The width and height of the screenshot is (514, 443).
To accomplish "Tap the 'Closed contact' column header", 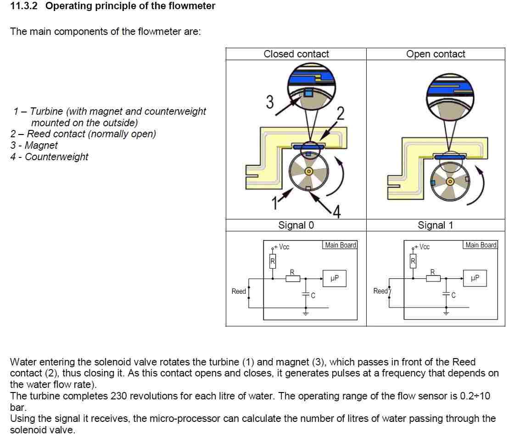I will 296,54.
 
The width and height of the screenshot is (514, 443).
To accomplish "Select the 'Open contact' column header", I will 436,54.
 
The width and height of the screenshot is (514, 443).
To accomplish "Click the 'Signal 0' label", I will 296,225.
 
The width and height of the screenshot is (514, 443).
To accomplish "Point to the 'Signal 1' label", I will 435,225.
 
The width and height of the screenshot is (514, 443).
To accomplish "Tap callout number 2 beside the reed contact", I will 340,113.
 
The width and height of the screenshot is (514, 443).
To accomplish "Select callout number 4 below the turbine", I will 336,212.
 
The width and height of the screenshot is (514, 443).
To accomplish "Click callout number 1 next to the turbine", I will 276,202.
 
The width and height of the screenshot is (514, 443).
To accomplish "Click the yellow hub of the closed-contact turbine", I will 309,172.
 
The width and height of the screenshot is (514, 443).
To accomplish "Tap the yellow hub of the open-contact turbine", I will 450,181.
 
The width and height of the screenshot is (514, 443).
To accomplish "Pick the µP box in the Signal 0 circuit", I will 335,278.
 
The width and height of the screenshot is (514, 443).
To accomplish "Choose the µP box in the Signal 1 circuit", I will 475,278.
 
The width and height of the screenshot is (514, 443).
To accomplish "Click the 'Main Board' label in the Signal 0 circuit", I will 340,245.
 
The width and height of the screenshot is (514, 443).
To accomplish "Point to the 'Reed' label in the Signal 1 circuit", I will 380,291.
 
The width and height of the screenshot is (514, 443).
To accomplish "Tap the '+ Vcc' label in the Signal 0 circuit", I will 282,247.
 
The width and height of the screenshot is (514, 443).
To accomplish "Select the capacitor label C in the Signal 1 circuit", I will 453,296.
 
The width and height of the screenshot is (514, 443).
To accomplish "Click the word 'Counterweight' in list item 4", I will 56,157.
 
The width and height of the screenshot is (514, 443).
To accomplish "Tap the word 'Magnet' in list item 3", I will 41,146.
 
